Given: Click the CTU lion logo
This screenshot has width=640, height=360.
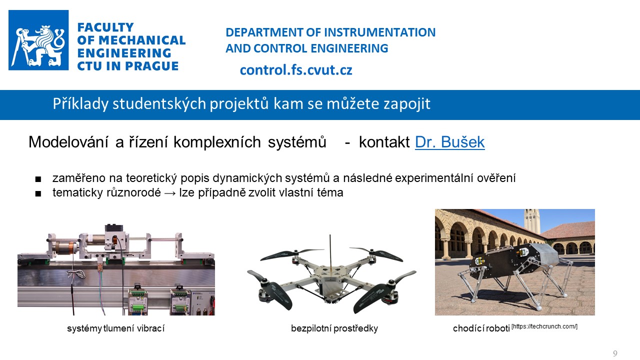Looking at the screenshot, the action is (38, 40).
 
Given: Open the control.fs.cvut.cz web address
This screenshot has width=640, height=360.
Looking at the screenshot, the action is (296, 70).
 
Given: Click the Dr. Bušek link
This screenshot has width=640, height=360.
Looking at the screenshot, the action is (449, 142).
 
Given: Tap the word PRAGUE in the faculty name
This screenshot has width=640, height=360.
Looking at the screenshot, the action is (151, 66).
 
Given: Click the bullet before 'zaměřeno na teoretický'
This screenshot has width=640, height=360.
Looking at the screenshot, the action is (38, 179).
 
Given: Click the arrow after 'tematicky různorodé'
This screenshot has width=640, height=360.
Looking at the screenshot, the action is (170, 193).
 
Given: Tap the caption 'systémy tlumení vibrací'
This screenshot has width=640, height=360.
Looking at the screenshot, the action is (115, 328).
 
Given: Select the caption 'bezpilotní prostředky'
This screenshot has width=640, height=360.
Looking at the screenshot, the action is (334, 328).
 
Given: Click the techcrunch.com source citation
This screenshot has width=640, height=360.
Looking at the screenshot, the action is (544, 326).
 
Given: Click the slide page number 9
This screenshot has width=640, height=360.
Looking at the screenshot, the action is (615, 353).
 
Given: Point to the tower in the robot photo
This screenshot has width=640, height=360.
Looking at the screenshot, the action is (532, 221).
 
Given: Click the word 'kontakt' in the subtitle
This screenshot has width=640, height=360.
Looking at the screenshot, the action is (384, 142).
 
